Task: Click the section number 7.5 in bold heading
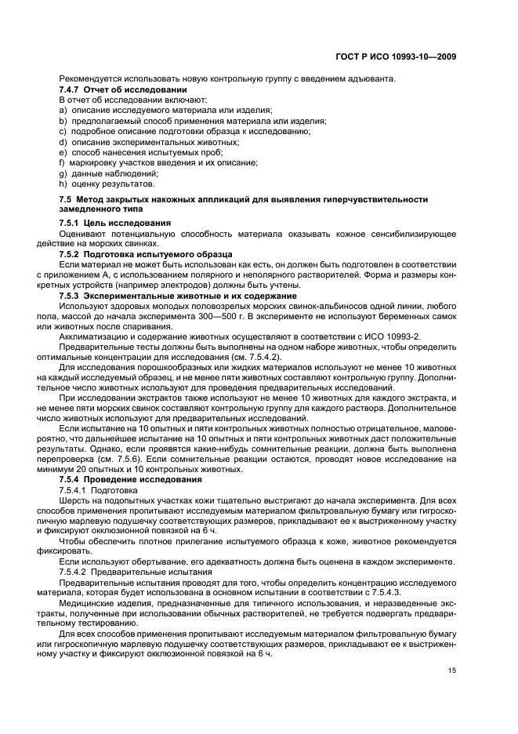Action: point(66,201)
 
